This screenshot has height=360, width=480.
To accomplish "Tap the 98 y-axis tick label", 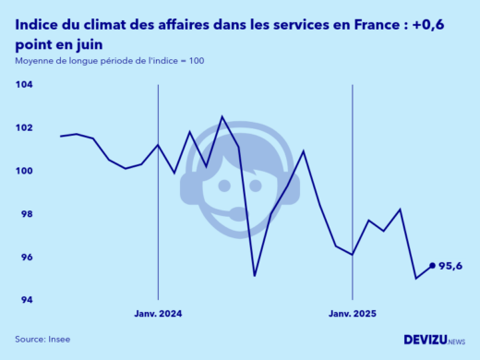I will (x=25, y=214).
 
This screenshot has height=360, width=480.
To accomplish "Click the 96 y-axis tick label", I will (x=25, y=258).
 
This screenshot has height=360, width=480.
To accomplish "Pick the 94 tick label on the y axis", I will (x=25, y=301).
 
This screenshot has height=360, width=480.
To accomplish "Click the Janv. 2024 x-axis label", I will (x=158, y=314).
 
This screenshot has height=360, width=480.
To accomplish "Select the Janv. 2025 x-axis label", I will (x=354, y=314).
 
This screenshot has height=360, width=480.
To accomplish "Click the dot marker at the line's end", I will (x=432, y=266).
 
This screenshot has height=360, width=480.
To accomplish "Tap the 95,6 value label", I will (x=450, y=266).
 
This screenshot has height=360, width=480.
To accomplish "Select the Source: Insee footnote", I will (x=42, y=339).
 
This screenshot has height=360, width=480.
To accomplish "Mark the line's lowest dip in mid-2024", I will (x=255, y=275).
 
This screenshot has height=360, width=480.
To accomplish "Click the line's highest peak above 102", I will (x=222, y=116).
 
